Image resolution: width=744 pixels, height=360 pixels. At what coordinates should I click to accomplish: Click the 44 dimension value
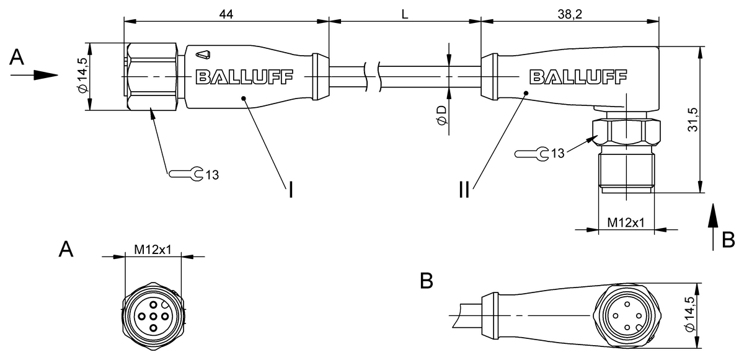(x=226, y=14)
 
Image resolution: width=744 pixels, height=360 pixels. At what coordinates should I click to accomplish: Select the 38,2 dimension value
(x=570, y=14)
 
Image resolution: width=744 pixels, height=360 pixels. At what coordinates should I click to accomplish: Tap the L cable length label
(x=404, y=14)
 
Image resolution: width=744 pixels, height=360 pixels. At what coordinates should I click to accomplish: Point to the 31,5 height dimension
(x=693, y=120)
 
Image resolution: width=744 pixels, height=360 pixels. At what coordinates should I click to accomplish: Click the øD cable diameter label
(x=441, y=116)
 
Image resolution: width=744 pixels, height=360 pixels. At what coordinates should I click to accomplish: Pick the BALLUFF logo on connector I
(x=245, y=77)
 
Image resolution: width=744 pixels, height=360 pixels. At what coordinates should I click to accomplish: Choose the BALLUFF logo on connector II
(x=578, y=77)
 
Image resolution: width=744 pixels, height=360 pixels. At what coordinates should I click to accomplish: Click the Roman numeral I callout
(x=291, y=190)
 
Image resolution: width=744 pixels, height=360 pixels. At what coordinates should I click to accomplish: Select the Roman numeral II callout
(x=464, y=190)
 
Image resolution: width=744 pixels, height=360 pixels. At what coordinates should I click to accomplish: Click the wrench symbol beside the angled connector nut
(x=531, y=154)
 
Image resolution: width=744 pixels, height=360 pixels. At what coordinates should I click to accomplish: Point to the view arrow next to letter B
(x=713, y=227)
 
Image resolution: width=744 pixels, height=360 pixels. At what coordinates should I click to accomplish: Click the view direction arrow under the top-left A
(x=34, y=76)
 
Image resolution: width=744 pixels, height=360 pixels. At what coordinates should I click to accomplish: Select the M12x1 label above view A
(x=153, y=250)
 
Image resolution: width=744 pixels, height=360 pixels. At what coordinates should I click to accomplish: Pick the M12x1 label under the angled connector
(x=626, y=222)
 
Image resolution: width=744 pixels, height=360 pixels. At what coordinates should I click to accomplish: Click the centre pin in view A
(x=153, y=317)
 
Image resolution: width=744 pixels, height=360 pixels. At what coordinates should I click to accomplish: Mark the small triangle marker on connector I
(x=203, y=55)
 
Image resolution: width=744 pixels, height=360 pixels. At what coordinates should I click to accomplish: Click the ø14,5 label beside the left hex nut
(x=82, y=75)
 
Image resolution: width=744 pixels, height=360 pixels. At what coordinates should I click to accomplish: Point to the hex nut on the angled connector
(x=626, y=133)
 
